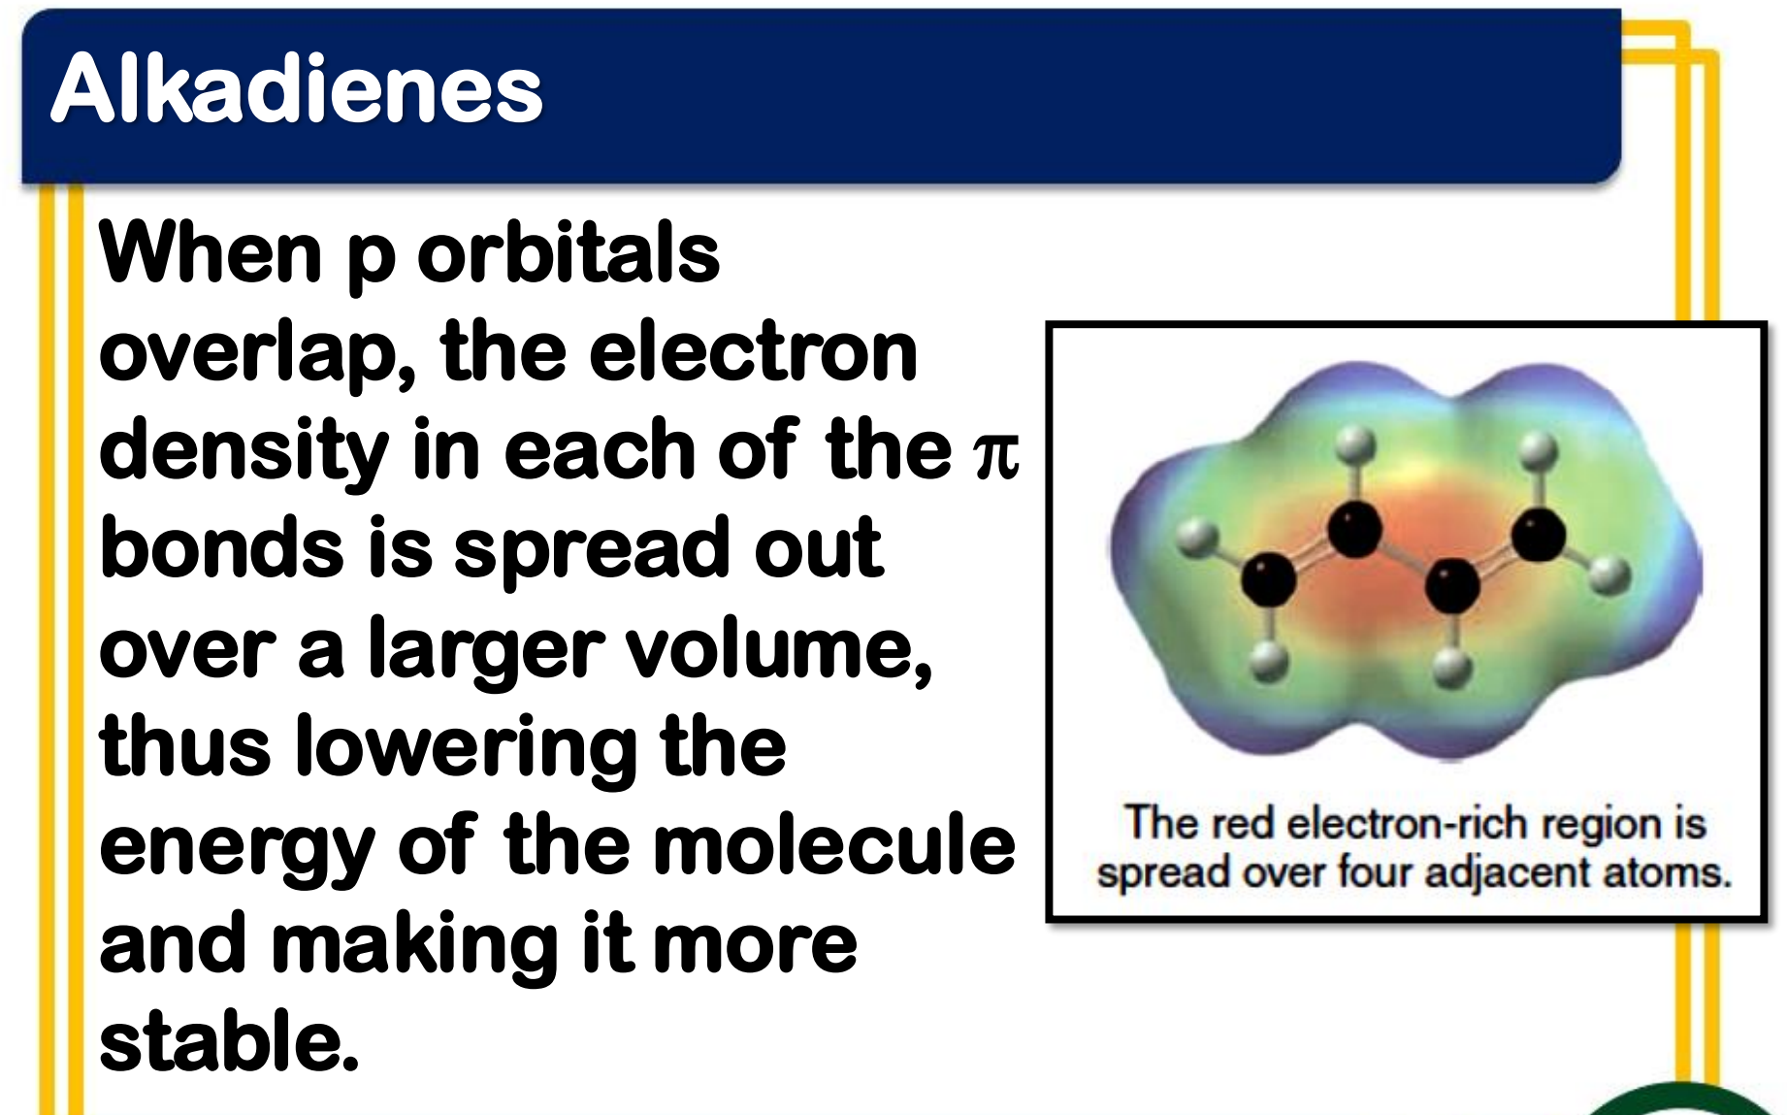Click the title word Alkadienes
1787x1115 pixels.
tap(297, 88)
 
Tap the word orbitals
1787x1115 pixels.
tap(569, 251)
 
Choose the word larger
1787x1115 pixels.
tap(486, 650)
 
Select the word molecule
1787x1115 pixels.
tap(834, 844)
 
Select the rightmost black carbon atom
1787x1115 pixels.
tap(1538, 534)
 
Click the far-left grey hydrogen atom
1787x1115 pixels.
tap(1198, 537)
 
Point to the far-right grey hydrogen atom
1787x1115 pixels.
tap(1610, 574)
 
